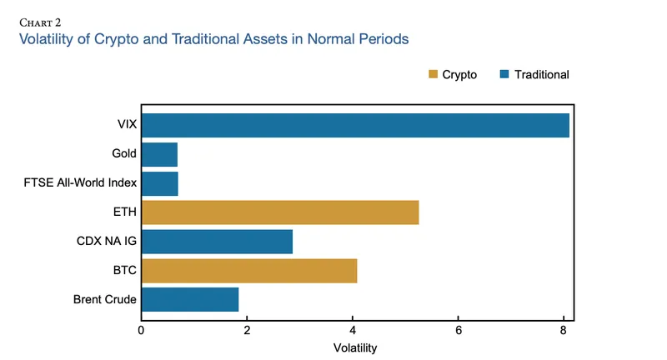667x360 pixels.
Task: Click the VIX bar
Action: point(355,125)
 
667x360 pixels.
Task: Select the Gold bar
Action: point(159,154)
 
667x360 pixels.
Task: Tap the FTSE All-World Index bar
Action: point(159,183)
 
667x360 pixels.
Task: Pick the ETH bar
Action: point(280,212)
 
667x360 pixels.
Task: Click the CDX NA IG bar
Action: point(217,242)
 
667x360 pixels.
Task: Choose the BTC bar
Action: point(249,271)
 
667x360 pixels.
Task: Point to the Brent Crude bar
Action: point(190,299)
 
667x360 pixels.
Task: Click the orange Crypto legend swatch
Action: point(433,74)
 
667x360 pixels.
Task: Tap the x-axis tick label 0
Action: point(142,330)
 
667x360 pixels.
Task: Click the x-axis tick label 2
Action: point(247,330)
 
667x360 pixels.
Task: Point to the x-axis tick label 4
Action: point(353,330)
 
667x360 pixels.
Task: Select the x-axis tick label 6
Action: point(459,330)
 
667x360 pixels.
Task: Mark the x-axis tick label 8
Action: point(564,330)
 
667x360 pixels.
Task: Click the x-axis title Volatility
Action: point(355,347)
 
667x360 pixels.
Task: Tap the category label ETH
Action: point(125,212)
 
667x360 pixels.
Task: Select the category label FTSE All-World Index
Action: point(80,183)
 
